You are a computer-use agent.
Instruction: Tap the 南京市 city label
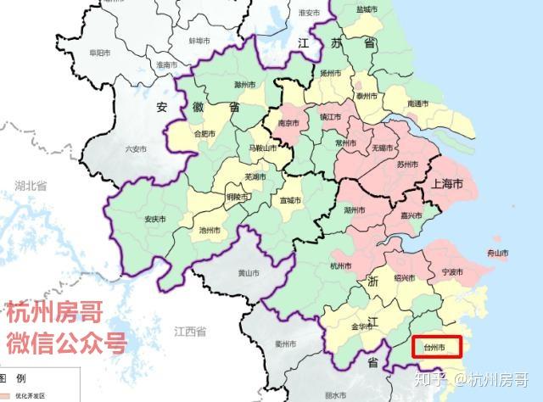(287, 123)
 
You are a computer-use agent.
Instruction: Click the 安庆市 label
(154, 219)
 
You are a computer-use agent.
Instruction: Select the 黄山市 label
(248, 272)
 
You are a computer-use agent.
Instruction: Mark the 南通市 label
(417, 103)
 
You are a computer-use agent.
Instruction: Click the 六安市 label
(136, 149)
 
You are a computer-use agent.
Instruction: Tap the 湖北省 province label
(30, 185)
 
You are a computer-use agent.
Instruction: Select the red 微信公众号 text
(66, 343)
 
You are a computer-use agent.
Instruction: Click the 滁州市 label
(245, 85)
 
